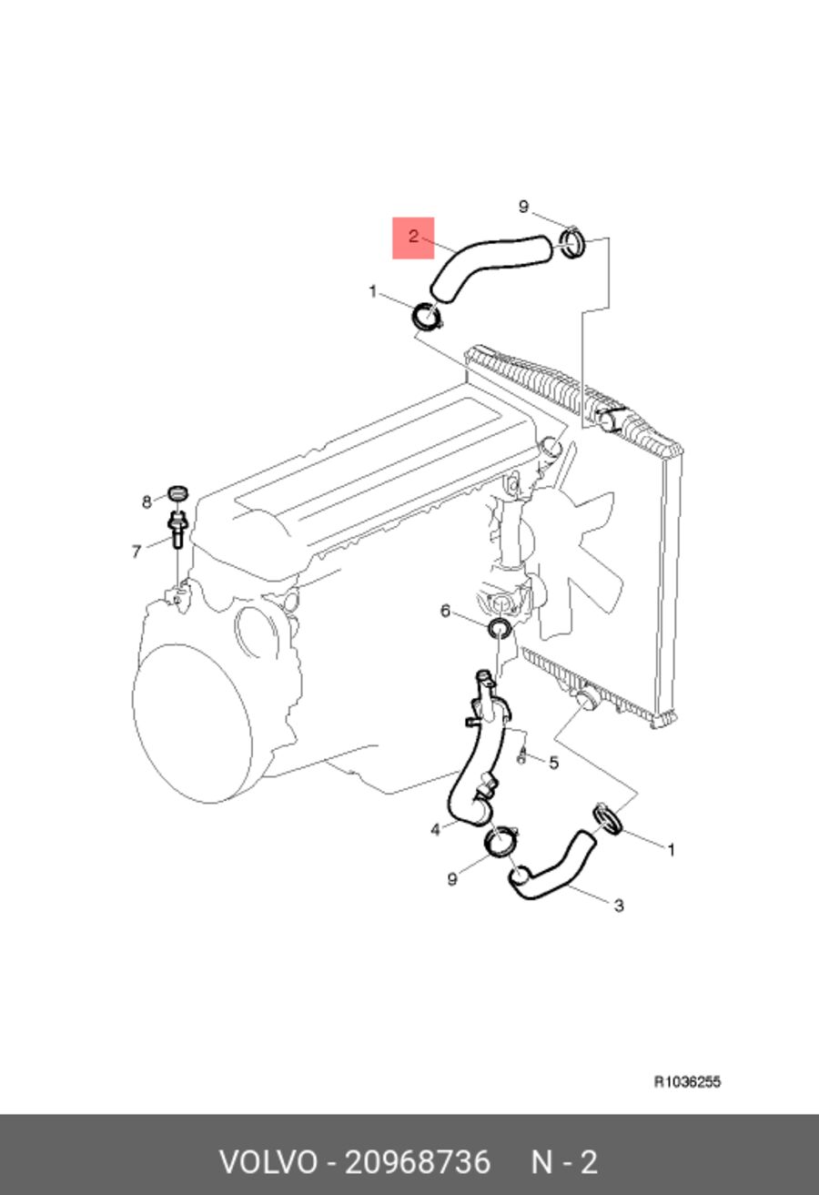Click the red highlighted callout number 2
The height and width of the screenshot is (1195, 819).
point(413,237)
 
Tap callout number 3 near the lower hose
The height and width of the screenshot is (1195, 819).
point(619,906)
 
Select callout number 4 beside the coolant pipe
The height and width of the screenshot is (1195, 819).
point(435,829)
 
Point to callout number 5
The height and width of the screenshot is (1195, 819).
point(554,763)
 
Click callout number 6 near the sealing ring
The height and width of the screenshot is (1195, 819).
point(446,611)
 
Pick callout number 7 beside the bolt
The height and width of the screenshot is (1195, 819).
point(136,552)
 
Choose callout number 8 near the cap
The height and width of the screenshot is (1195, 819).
point(147,502)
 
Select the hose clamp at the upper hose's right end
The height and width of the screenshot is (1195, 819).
point(572,243)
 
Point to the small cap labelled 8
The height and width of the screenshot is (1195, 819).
point(178,492)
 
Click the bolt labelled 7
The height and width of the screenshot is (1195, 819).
point(177,528)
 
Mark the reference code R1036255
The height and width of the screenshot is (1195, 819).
point(687,1082)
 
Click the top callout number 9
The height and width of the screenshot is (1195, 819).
point(523,207)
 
